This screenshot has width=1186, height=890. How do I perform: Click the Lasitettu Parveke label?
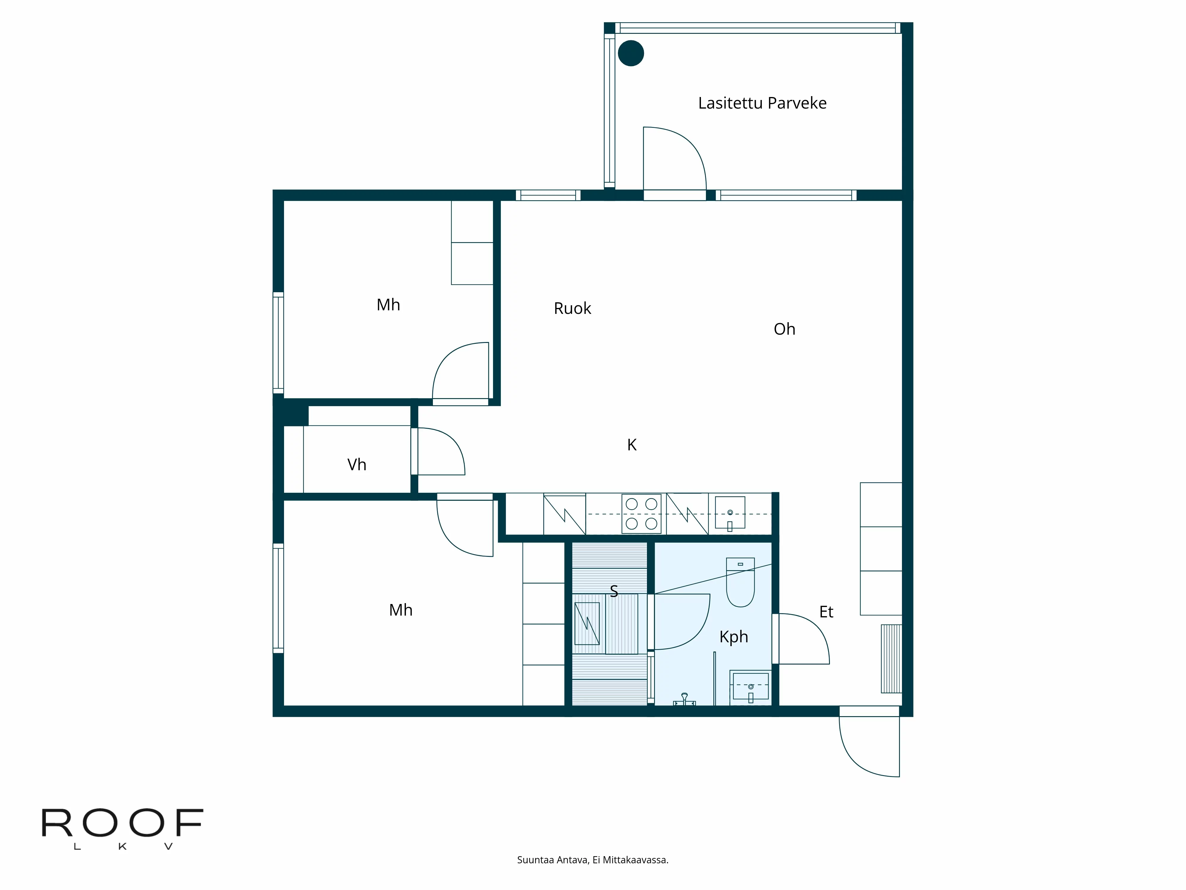(x=762, y=103)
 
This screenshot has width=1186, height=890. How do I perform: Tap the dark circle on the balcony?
(x=631, y=53)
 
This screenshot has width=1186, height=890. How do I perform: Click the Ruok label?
(x=572, y=309)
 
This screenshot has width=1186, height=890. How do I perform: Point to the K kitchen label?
(x=632, y=445)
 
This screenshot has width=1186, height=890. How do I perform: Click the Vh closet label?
(x=357, y=465)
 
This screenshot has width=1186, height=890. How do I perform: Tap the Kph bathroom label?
(x=734, y=637)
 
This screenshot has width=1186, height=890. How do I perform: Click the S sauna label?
(x=614, y=591)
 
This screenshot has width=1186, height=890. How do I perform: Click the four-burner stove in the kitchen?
(x=641, y=514)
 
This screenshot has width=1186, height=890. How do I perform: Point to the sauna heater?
(x=587, y=623)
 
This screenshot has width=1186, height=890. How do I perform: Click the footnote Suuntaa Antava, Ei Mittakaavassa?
(x=592, y=860)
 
